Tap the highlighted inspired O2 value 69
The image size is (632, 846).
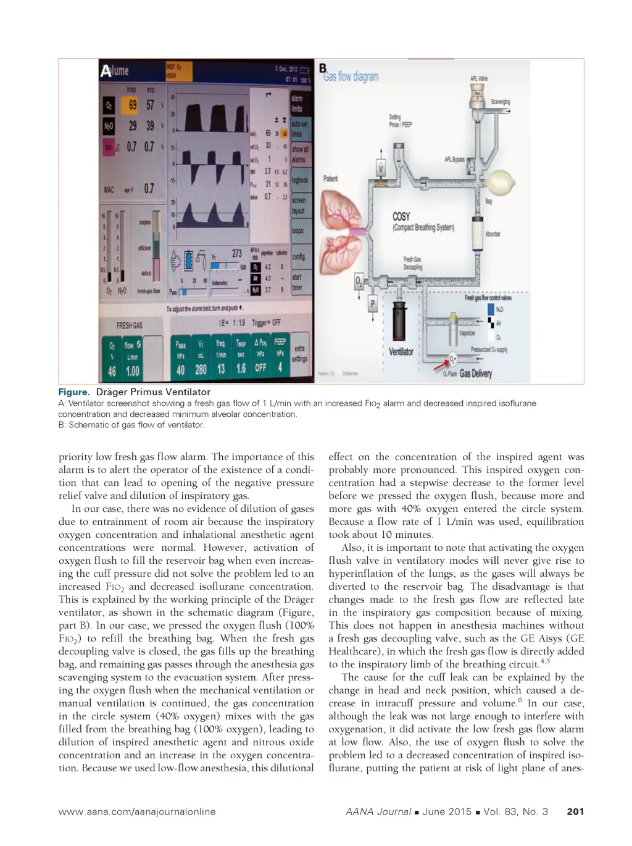133,105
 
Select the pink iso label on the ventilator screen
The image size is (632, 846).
109,147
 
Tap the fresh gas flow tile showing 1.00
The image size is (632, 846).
133,359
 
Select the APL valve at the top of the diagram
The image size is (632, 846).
477,93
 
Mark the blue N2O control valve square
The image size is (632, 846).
491,309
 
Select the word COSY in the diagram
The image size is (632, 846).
401,217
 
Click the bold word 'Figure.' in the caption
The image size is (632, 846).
74,392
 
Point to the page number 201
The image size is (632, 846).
575,811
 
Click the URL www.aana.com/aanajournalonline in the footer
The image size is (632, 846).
137,811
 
